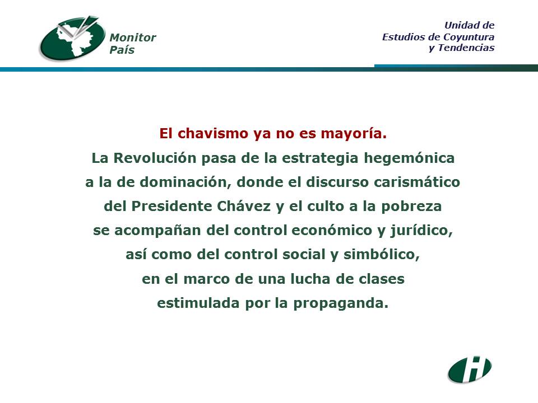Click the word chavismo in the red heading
pyautogui.click(x=212, y=133)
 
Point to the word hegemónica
pyautogui.click(x=409, y=158)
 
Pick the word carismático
pyautogui.click(x=417, y=182)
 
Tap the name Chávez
pyautogui.click(x=244, y=206)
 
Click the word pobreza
pyautogui.click(x=411, y=207)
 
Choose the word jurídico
pyautogui.click(x=421, y=231)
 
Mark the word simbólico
pyautogui.click(x=382, y=255)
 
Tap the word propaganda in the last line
pyautogui.click(x=341, y=303)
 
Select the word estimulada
pyautogui.click(x=198, y=303)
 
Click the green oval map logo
pyautogui.click(x=72, y=39)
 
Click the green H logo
pyautogui.click(x=470, y=369)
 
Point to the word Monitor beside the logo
pyautogui.click(x=132, y=38)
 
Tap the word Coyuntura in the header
pyautogui.click(x=469, y=37)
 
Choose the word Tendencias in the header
pyautogui.click(x=466, y=48)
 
